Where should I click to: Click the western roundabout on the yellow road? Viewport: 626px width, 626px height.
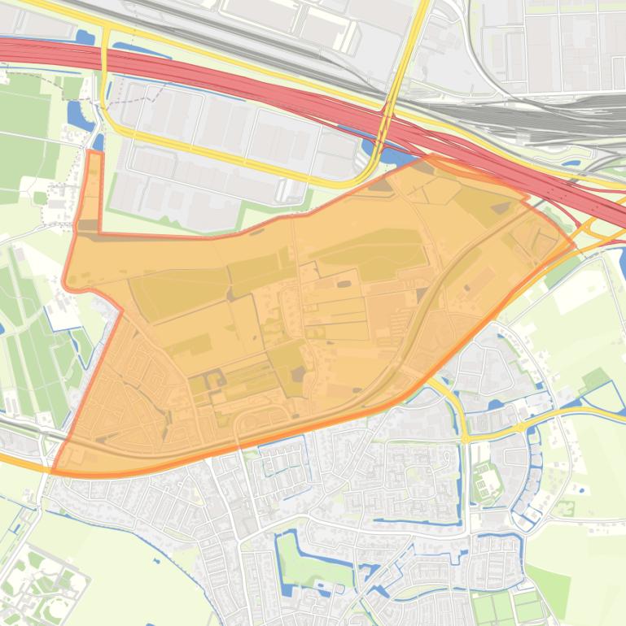(x=466, y=438)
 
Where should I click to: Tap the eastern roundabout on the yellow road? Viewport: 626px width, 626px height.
(x=519, y=427)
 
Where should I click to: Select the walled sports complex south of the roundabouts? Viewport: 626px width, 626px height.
(x=486, y=480)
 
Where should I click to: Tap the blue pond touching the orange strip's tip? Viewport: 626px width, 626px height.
(x=98, y=142)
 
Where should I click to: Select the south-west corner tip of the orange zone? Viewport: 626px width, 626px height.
(x=54, y=470)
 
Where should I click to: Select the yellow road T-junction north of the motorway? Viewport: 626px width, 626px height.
(x=106, y=33)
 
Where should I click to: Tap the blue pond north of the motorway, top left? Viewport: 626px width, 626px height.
(x=84, y=37)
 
